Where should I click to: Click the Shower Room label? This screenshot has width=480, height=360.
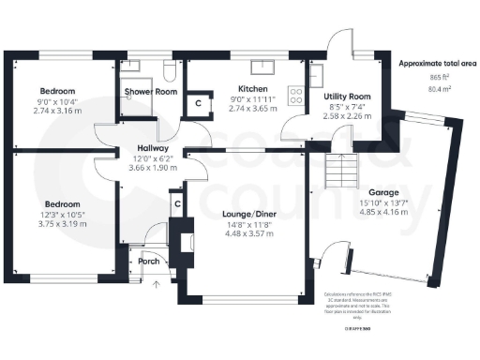[151, 92]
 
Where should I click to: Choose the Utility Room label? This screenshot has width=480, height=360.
[347, 97]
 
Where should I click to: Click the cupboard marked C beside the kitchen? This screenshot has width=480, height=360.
[198, 103]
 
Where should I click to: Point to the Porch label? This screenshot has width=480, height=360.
[149, 262]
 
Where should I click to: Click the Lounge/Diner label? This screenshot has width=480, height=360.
[248, 214]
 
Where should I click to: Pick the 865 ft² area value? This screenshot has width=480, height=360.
[437, 77]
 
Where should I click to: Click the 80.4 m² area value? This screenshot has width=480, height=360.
[437, 90]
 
